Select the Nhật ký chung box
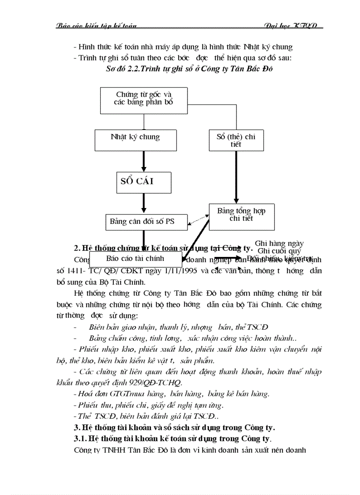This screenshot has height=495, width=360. point(135,140)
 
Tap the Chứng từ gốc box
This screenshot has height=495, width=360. point(144,99)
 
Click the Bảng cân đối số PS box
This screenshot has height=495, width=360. point(142,221)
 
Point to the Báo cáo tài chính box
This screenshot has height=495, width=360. point(135,258)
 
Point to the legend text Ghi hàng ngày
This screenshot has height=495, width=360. point(279,243)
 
